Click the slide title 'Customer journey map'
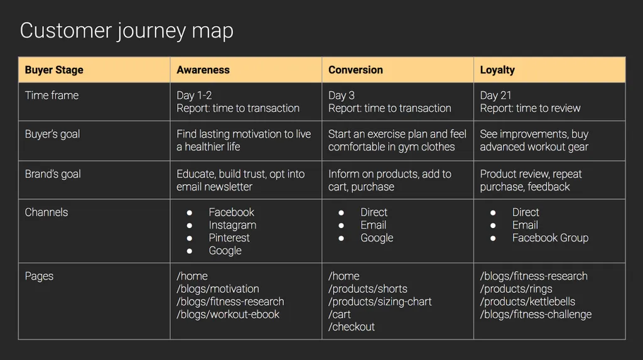pos(126,31)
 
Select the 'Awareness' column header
pos(203,70)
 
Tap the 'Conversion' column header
pos(355,70)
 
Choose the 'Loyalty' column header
pos(497,70)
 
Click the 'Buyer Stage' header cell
pos(54,70)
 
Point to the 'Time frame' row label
pos(51,95)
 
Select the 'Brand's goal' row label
pos(53,174)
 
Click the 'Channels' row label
pos(46,212)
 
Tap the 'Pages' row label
pos(39,276)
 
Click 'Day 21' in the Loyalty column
pos(496,95)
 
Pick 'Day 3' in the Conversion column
pos(342,95)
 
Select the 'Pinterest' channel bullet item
pos(229,238)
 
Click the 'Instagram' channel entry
pos(232,225)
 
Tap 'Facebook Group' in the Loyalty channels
pos(550,238)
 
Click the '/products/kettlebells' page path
pos(527,302)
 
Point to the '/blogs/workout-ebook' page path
pos(228,314)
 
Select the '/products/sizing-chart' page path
pos(380,302)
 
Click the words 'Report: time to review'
pos(530,109)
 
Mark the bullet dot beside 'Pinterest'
pos(190,238)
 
